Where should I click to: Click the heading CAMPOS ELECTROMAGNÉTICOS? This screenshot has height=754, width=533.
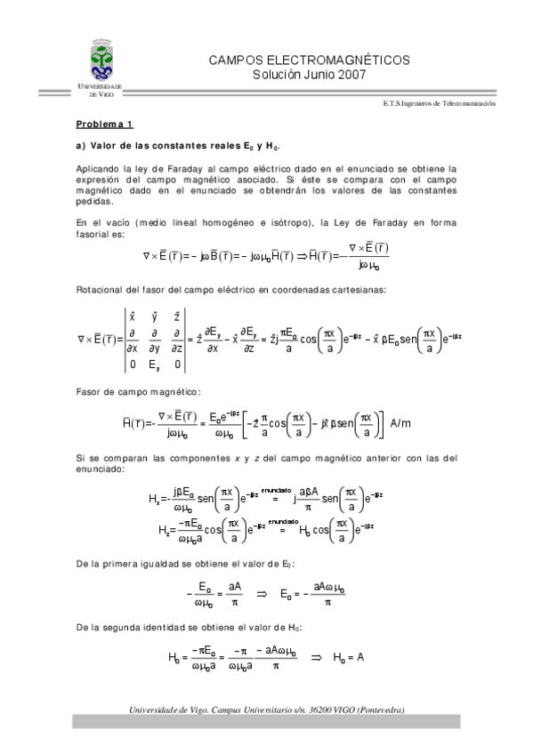point(308,60)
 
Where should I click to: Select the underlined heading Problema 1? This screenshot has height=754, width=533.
point(103,124)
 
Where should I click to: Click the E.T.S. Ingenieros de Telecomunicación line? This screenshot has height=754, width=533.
point(438,103)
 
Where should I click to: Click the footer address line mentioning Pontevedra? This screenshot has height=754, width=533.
point(267,710)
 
